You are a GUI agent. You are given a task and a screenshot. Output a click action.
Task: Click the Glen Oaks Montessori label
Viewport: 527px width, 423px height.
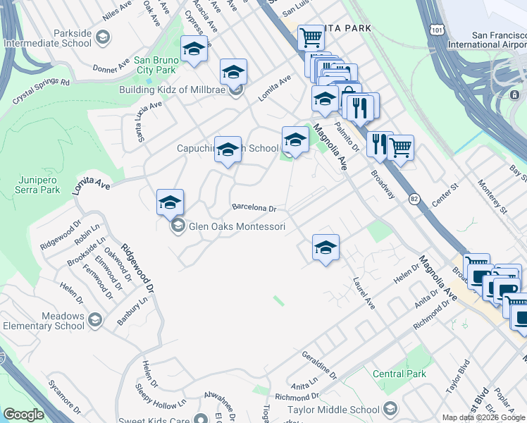(x=236, y=226)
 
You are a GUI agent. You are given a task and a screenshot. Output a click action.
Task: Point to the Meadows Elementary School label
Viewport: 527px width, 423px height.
(x=44, y=321)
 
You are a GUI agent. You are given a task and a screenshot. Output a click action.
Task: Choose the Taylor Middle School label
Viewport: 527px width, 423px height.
(x=334, y=410)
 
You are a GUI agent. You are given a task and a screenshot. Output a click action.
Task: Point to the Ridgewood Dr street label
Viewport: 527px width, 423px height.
(x=137, y=268)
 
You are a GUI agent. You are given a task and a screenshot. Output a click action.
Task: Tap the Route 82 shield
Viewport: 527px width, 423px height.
(x=414, y=200)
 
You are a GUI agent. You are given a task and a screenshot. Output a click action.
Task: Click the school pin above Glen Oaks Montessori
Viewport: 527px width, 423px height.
(x=170, y=202)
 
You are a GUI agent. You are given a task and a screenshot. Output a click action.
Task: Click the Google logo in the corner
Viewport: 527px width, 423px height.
(x=23, y=415)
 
